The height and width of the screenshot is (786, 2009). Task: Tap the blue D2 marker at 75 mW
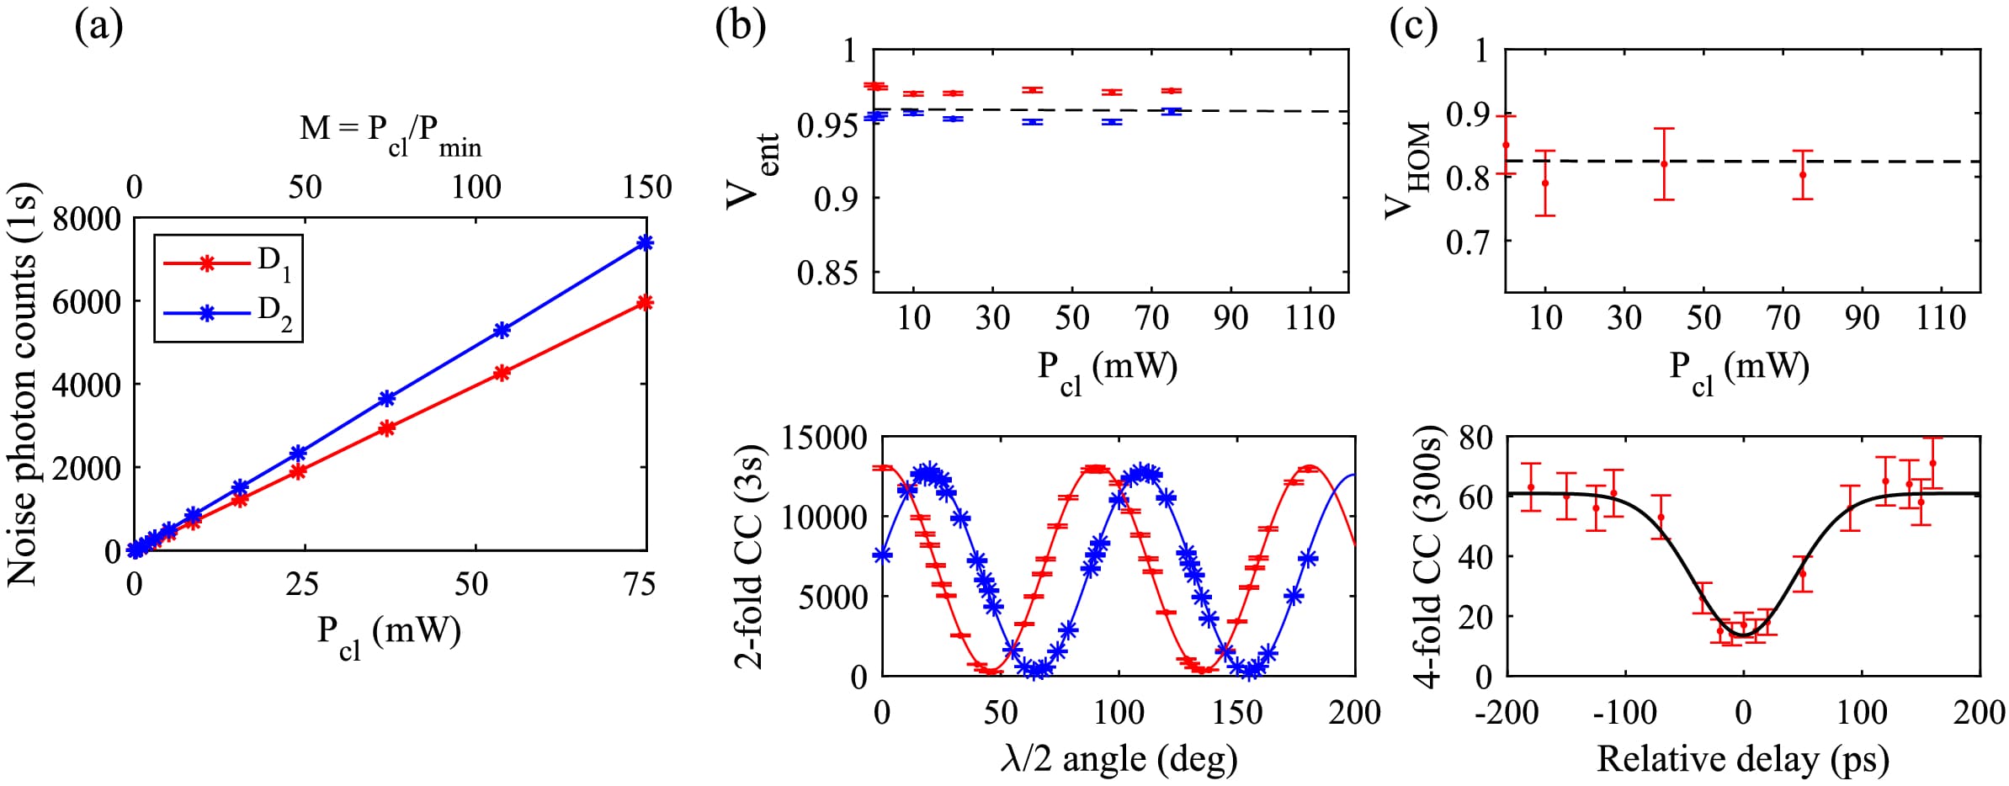pyautogui.click(x=646, y=243)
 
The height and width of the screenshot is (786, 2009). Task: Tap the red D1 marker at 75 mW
pyautogui.click(x=646, y=303)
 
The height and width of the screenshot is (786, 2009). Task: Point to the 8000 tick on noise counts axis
pyautogui.click(x=87, y=220)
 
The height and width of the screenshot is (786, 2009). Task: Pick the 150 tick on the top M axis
pyautogui.click(x=646, y=187)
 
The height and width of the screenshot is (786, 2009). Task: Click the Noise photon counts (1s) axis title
pyautogui.click(x=24, y=385)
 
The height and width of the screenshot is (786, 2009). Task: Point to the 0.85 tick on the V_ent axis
pyautogui.click(x=827, y=273)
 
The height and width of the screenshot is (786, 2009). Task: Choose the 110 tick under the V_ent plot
pyautogui.click(x=1310, y=318)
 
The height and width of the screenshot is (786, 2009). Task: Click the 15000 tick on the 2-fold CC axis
pyautogui.click(x=824, y=438)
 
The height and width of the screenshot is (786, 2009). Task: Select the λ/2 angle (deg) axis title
pyautogui.click(x=1119, y=758)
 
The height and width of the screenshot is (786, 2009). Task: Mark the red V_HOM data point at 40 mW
pyautogui.click(x=1664, y=164)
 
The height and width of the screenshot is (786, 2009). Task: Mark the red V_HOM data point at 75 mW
pyautogui.click(x=1802, y=175)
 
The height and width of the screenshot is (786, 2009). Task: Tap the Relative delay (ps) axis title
pyautogui.click(x=1742, y=758)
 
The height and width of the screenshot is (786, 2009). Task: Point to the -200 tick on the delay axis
pyautogui.click(x=1507, y=713)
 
